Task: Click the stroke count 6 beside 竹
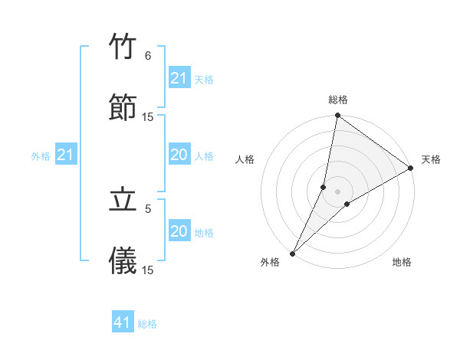148,56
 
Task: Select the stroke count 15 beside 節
148,117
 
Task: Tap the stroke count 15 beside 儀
148,270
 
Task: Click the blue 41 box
123,323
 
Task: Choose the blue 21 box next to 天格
179,78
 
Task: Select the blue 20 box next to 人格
179,155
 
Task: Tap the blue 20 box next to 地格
179,231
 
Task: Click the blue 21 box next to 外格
66,155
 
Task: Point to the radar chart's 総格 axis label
338,100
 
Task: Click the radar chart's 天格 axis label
431,159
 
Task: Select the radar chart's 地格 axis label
402,262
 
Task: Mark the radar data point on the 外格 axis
292,253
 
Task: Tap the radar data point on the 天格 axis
411,168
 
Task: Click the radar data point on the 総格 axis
337,116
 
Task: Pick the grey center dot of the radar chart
338,191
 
